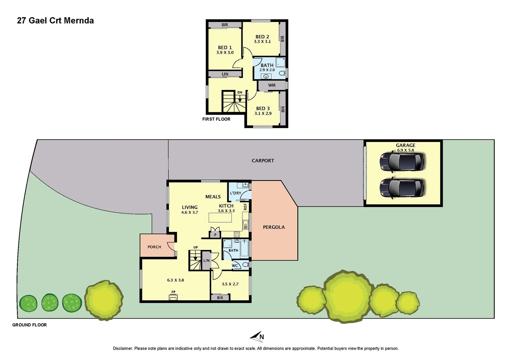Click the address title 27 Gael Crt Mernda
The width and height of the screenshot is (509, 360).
[55, 21]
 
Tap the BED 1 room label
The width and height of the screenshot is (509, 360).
[225, 48]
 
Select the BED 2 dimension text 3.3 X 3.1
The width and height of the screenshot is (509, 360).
[262, 42]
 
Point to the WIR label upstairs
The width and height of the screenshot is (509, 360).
[272, 85]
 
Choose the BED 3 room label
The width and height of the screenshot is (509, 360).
[263, 108]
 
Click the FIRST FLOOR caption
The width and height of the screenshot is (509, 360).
[216, 119]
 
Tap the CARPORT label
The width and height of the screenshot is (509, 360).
[263, 161]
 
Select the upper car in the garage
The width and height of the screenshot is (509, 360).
[402, 162]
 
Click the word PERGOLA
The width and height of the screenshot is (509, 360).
[274, 227]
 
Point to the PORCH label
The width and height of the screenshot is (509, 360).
[154, 247]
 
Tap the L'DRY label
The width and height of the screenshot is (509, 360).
[236, 193]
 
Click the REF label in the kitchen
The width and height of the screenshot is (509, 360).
[246, 207]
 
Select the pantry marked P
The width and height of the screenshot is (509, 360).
[215, 235]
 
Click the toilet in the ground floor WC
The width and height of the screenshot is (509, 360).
[246, 265]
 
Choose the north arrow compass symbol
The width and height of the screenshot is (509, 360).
[257, 336]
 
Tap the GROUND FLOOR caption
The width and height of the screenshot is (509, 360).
[29, 325]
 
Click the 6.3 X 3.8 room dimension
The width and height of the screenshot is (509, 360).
[176, 280]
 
